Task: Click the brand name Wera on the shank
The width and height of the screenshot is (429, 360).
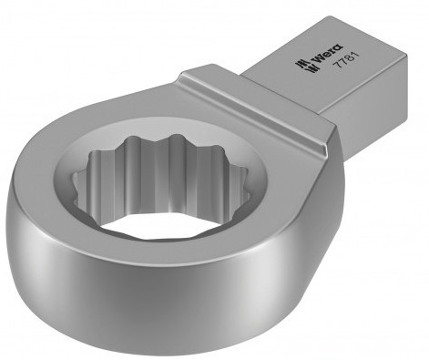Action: click(x=327, y=54)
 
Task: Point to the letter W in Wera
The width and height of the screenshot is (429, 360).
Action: click(x=316, y=58)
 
